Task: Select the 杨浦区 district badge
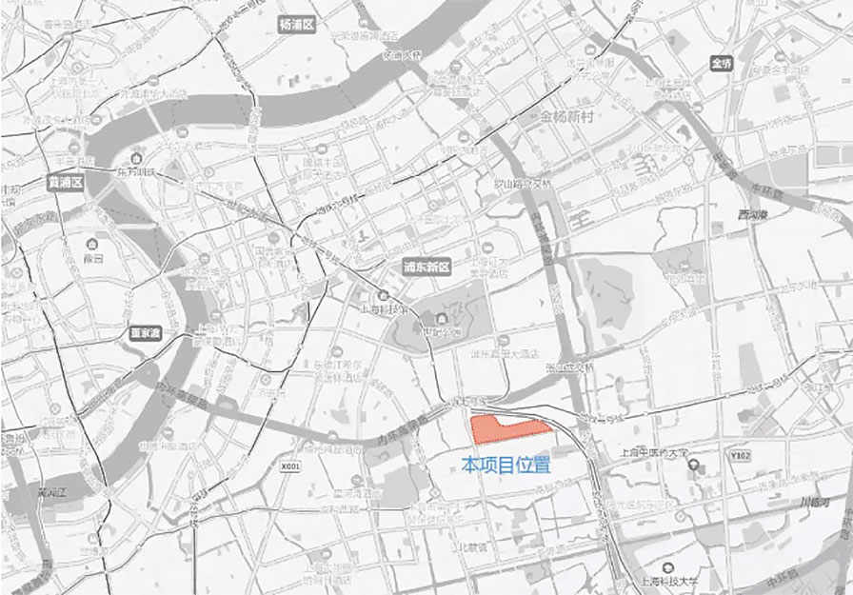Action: [295, 24]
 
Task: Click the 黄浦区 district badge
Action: [67, 181]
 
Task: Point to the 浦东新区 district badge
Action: [426, 268]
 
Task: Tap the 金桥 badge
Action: [723, 63]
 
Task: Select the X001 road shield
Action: [290, 467]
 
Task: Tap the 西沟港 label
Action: [752, 214]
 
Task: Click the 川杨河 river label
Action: [814, 501]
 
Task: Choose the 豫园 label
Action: [92, 258]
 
